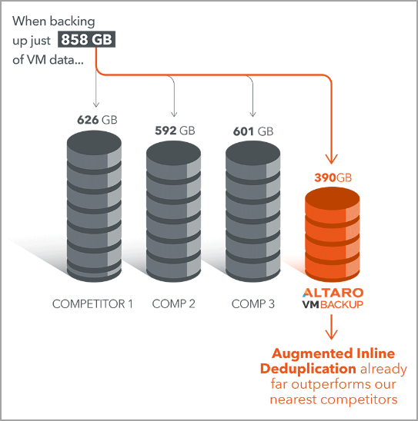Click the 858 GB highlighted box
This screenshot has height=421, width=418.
click(87, 39)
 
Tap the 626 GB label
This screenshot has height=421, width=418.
click(97, 120)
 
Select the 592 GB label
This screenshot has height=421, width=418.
click(175, 131)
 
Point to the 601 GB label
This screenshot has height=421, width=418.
click(253, 131)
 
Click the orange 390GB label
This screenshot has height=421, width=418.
click(333, 177)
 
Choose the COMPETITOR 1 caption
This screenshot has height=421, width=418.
click(92, 304)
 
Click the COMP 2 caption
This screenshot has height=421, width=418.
click(173, 304)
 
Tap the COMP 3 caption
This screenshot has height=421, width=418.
click(253, 304)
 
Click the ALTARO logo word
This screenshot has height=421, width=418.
click(333, 293)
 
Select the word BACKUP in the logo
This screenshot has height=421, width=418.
click(342, 305)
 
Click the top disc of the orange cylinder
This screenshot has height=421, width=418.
click(333, 199)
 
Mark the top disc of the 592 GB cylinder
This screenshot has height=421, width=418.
click(173, 154)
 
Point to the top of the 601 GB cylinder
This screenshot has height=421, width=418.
click(252, 154)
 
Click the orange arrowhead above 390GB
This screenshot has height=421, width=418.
click(331, 159)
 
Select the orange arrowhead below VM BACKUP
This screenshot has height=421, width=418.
click(331, 333)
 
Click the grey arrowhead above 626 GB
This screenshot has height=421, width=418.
click(96, 104)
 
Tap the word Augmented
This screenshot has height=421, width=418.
click(312, 354)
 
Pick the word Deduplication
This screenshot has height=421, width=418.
click(308, 369)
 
